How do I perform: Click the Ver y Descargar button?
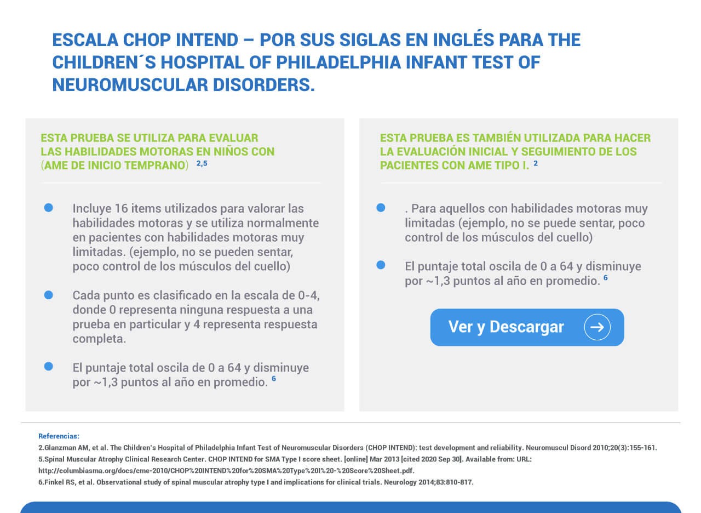tap(527, 327)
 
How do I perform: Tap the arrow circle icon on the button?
tap(597, 327)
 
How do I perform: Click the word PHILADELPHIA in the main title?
tap(338, 62)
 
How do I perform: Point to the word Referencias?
tap(59, 436)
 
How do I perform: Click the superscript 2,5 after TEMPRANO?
tap(202, 163)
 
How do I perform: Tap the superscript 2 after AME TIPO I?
tap(536, 163)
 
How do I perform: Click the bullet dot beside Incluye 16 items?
tap(49, 208)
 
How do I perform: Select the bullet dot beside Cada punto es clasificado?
tap(49, 295)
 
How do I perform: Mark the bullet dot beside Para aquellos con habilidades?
tap(381, 208)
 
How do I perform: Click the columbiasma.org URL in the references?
tap(226, 471)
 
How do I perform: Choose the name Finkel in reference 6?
tap(54, 482)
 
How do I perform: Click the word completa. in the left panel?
tap(99, 339)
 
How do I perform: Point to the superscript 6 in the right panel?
tap(606, 278)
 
